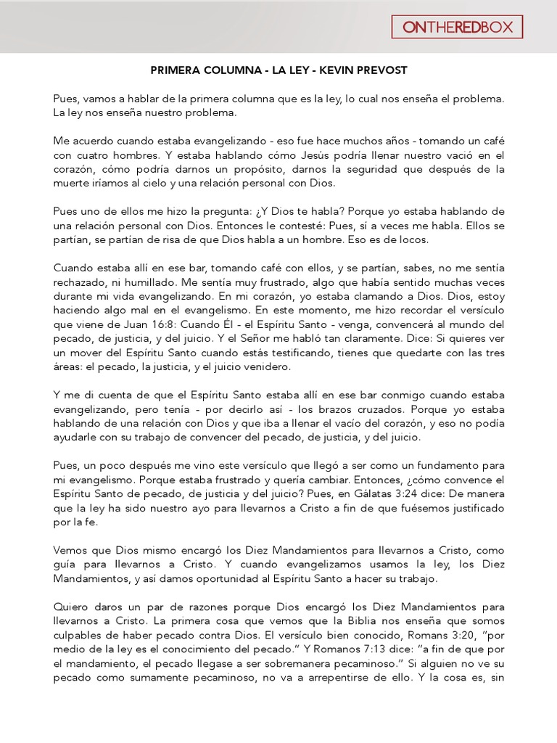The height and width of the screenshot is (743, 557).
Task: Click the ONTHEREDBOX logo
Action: (457, 28)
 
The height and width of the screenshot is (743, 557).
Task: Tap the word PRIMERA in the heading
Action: (178, 70)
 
